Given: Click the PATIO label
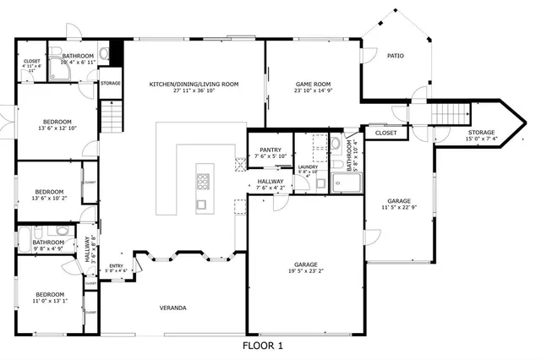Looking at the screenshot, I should pos(395,56).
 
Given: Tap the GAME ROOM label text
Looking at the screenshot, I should pos(312,84).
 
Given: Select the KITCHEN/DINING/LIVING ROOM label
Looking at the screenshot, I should pos(194,84).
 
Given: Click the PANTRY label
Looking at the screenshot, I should pos(270,150).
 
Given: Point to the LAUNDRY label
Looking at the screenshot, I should pos(308,166).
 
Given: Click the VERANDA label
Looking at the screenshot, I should pos(172,308).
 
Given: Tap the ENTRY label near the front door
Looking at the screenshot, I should pos(116,265).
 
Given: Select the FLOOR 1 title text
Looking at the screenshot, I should pos(263,346).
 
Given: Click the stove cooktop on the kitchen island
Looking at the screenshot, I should pos(203,181).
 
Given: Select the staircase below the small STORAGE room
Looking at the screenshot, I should pos(112,116).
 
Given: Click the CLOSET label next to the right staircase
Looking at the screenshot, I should pos(385,133).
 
